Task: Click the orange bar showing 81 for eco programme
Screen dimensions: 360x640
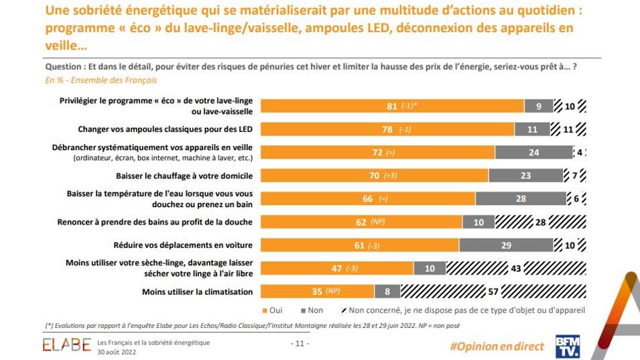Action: (392, 106)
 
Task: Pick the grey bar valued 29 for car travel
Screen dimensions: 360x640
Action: (506, 245)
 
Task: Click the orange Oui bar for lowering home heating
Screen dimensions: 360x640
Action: (374, 176)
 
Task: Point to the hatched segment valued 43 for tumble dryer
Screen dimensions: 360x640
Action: (516, 268)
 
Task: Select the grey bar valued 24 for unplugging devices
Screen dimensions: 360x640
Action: (533, 152)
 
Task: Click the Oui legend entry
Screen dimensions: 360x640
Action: (271, 310)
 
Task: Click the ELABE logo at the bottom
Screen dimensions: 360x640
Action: (66, 345)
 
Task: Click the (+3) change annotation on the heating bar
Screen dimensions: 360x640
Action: (391, 176)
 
